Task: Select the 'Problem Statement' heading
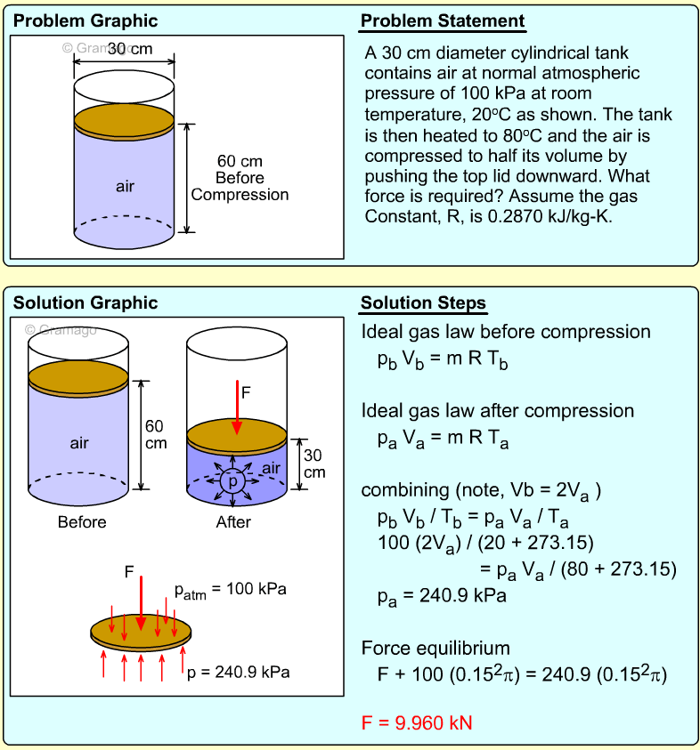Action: pyautogui.click(x=443, y=21)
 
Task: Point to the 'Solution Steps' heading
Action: pyautogui.click(x=423, y=303)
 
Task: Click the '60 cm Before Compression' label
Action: pyautogui.click(x=240, y=178)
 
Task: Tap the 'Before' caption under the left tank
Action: pyautogui.click(x=81, y=522)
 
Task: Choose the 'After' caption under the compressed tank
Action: pyautogui.click(x=234, y=522)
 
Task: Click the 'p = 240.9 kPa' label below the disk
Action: pyautogui.click(x=239, y=672)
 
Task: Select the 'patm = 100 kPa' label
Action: pyautogui.click(x=231, y=591)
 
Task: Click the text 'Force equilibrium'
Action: pyautogui.click(x=436, y=648)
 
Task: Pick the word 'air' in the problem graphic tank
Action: pyautogui.click(x=125, y=186)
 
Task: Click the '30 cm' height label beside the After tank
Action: pyautogui.click(x=314, y=463)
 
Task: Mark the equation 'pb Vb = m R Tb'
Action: pyautogui.click(x=443, y=360)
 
